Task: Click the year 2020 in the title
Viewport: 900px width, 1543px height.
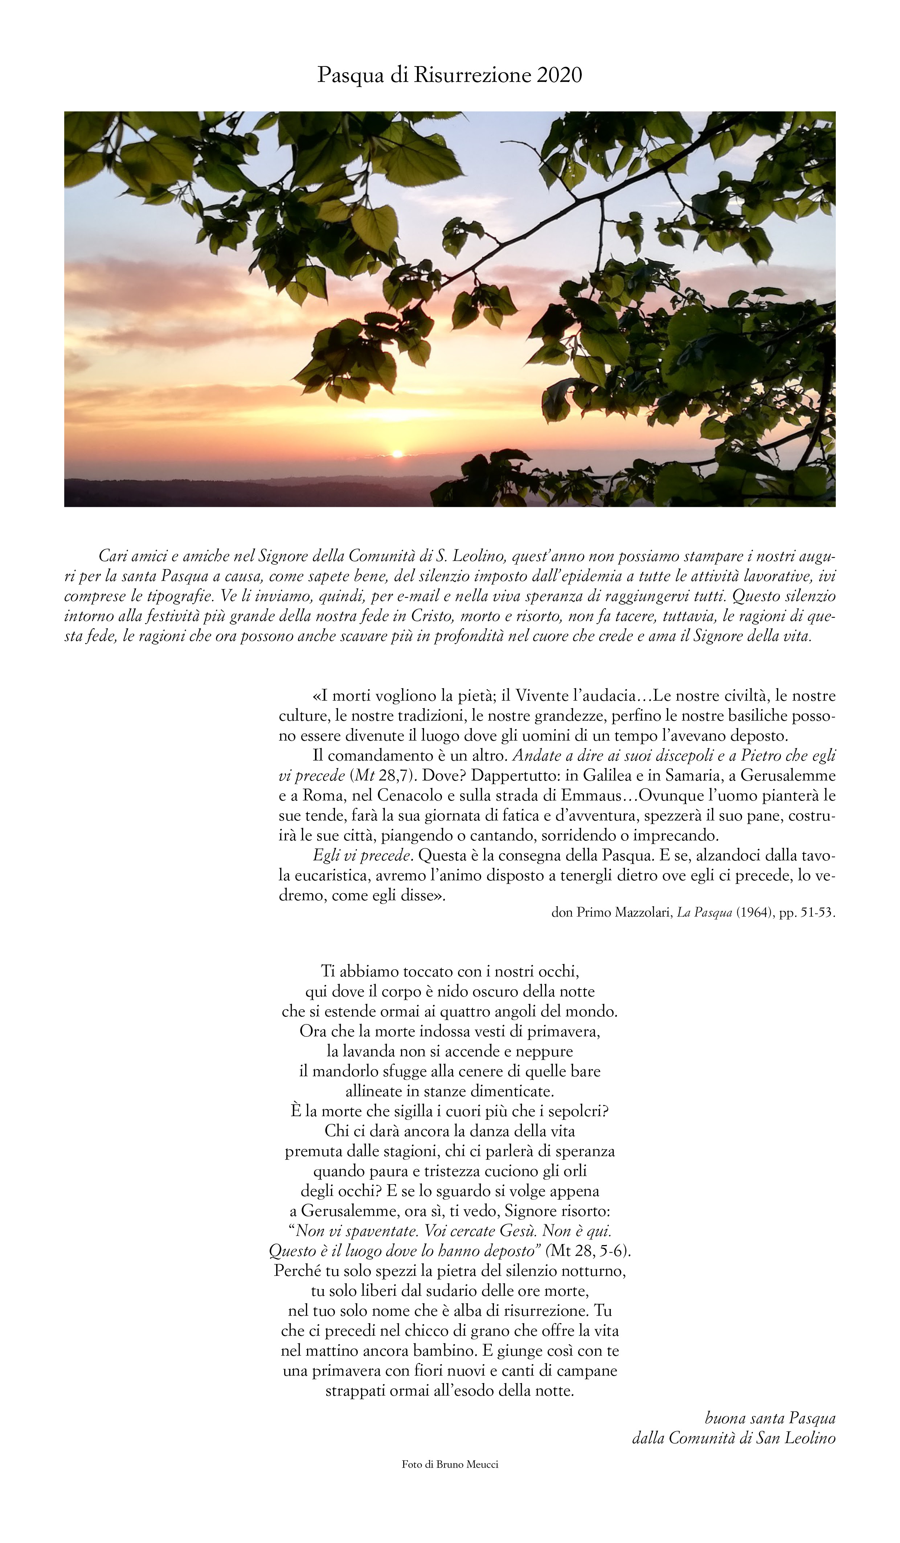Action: [559, 75]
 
